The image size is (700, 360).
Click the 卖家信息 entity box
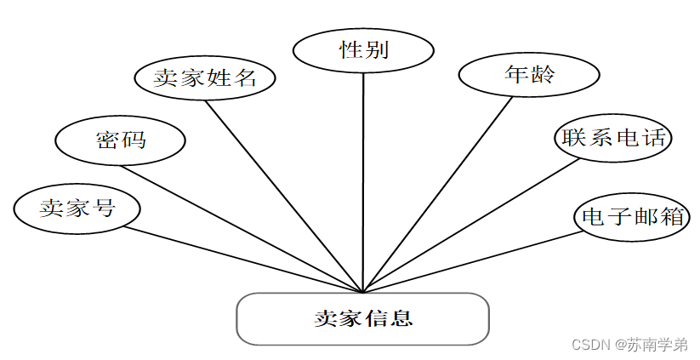coord(362,319)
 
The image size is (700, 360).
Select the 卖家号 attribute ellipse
coord(77,206)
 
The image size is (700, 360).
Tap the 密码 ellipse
coord(120,140)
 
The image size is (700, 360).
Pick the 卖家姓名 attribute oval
coord(206,77)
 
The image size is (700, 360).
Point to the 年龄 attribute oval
coord(529,74)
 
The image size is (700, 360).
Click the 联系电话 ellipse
coord(612,137)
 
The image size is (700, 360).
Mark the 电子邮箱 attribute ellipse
coord(630,215)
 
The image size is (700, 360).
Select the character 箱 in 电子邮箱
coord(674,216)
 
